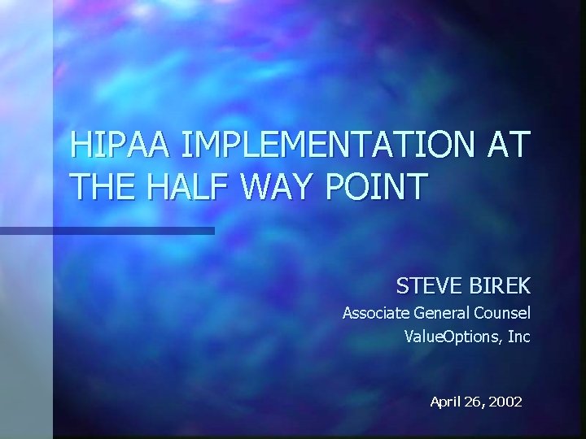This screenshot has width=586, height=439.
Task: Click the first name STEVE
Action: coord(429,286)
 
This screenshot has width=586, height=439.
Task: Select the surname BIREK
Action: coord(500,286)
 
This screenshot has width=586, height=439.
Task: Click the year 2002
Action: coord(505,402)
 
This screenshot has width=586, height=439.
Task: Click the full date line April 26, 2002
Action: coord(476,402)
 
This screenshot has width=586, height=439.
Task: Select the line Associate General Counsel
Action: coord(436,313)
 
